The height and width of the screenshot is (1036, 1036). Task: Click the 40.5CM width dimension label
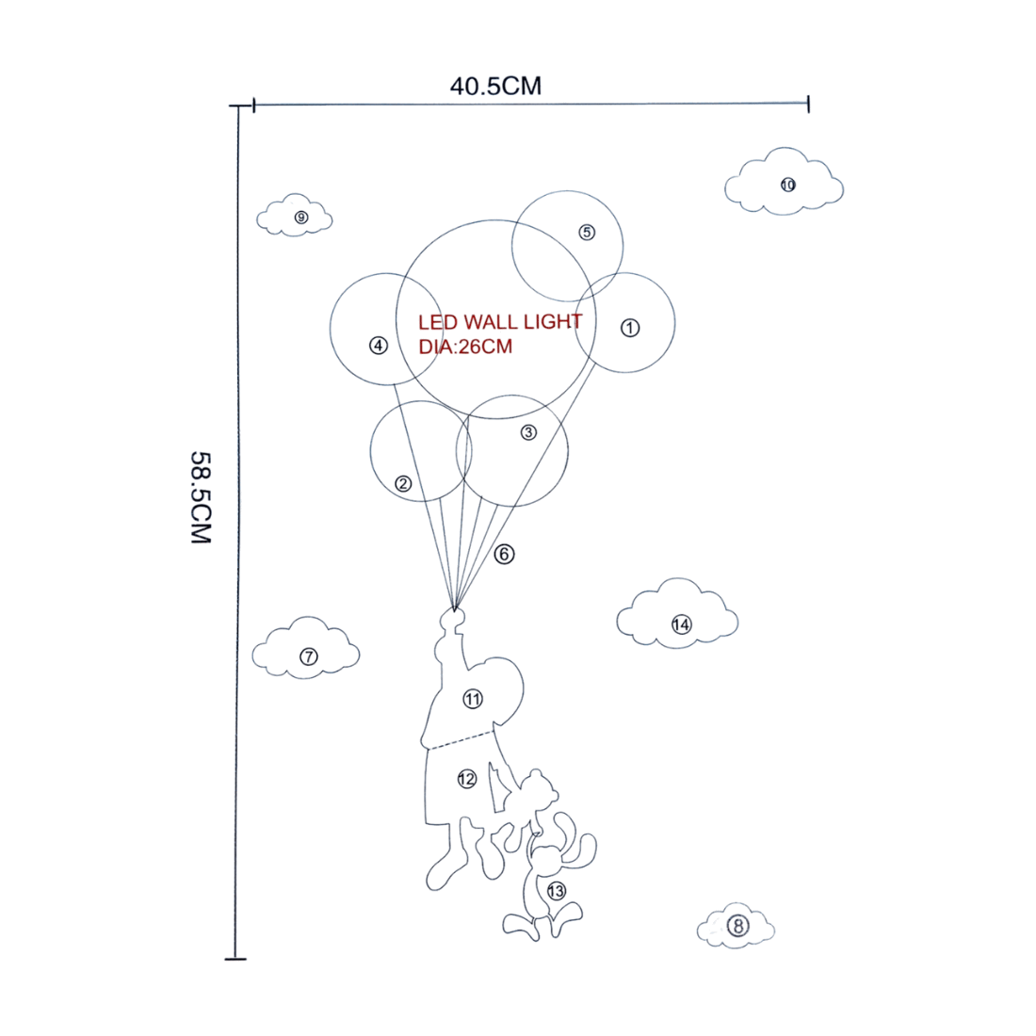(495, 86)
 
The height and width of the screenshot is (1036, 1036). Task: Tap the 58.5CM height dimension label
(201, 497)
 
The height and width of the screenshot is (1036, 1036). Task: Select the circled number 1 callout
(630, 328)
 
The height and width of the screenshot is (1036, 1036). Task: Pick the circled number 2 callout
(403, 484)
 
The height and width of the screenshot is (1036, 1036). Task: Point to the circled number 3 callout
(528, 432)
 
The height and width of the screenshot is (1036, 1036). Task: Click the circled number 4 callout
(379, 345)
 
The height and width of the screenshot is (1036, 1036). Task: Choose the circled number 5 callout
(587, 232)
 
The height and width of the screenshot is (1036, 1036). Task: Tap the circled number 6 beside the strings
(504, 554)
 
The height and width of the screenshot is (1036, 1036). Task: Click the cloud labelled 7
(306, 648)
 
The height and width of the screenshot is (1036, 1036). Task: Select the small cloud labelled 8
(736, 925)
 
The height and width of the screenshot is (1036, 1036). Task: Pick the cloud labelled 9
(295, 216)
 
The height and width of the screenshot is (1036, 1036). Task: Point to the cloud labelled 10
(785, 182)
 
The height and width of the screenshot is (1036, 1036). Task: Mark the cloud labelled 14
(677, 614)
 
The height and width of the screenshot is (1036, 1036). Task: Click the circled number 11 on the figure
(473, 699)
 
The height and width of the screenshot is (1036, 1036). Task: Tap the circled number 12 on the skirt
(467, 779)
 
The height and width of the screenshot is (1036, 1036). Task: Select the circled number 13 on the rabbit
(557, 891)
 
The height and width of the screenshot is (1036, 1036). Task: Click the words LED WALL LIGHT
(500, 322)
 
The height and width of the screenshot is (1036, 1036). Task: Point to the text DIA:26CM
(465, 347)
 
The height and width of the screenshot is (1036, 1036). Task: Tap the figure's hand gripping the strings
(453, 619)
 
